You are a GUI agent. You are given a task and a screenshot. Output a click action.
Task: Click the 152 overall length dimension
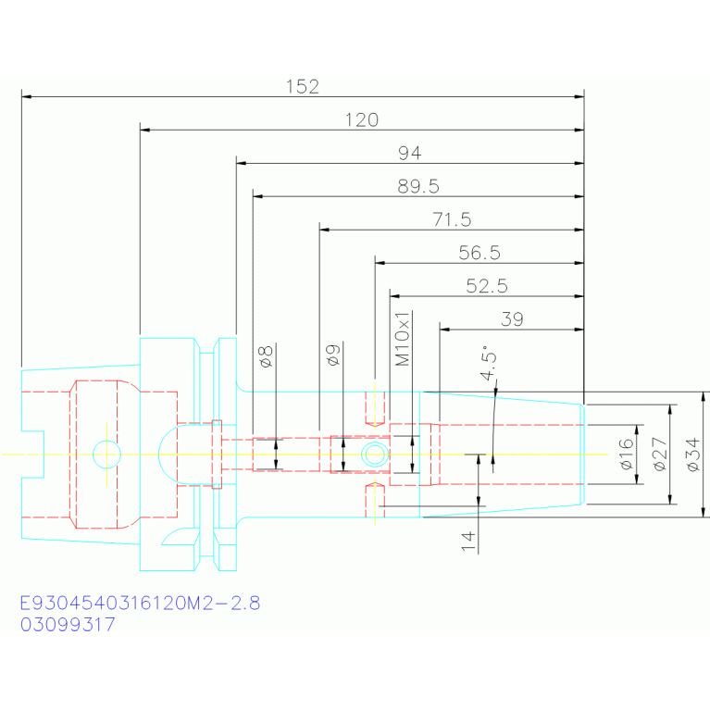(x=303, y=86)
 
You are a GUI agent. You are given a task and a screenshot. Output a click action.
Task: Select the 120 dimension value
(x=362, y=120)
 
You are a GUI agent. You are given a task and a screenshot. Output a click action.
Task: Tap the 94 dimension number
(x=410, y=153)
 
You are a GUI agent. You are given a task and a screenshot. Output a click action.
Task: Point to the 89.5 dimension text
(x=418, y=187)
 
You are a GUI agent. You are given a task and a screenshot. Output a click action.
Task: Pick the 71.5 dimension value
(x=452, y=219)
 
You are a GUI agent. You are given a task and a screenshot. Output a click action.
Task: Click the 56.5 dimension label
(x=480, y=253)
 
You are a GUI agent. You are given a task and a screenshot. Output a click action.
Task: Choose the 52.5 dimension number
(x=487, y=286)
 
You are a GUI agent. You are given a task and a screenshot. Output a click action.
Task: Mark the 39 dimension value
(x=512, y=319)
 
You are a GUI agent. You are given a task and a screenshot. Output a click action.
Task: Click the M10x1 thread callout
(x=402, y=338)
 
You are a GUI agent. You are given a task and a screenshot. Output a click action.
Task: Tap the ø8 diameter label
(x=266, y=356)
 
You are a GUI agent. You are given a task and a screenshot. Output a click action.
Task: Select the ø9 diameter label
(x=333, y=355)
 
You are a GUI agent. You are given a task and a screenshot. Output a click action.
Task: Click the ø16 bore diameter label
(x=626, y=455)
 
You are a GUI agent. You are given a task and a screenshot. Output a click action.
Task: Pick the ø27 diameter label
(x=660, y=455)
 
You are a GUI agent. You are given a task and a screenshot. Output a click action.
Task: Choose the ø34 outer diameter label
(x=692, y=455)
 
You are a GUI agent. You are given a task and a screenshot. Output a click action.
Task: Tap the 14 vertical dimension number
(x=468, y=542)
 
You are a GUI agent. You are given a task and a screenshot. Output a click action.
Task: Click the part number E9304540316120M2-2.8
(x=141, y=604)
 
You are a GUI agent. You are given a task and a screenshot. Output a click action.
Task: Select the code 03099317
(x=68, y=625)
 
